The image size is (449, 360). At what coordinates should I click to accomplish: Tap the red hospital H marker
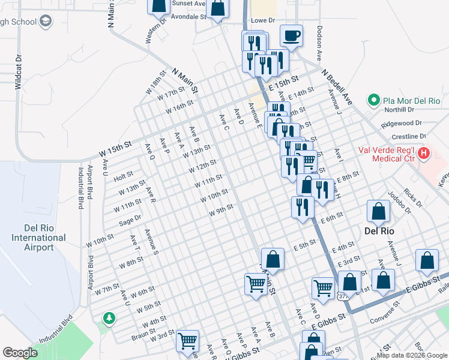[x=424, y=153]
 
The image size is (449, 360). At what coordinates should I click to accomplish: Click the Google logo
[x=20, y=353]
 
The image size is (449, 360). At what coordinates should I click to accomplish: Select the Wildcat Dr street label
[x=18, y=73]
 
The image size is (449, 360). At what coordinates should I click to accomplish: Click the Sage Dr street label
[x=130, y=220]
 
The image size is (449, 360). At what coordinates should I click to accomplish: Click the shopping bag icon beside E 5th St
[x=273, y=259]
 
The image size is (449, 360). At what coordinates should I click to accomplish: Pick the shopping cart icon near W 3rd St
[x=188, y=341]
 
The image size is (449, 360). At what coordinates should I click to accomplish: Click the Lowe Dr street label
[x=262, y=20]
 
